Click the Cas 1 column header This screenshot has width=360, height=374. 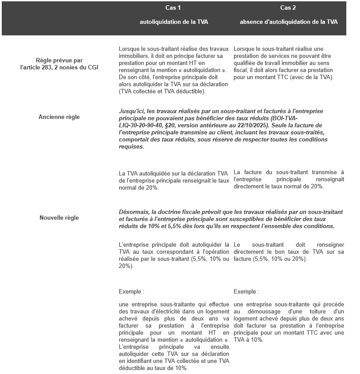173,8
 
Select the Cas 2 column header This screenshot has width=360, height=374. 288,8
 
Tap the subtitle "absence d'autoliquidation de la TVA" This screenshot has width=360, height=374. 288,22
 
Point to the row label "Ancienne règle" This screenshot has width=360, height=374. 59,117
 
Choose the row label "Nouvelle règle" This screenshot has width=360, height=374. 59,218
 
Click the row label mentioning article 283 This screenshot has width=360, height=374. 59,64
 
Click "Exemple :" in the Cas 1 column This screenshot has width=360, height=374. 131,292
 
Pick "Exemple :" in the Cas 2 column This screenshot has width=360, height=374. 246,292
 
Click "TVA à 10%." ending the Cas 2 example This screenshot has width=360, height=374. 248,340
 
